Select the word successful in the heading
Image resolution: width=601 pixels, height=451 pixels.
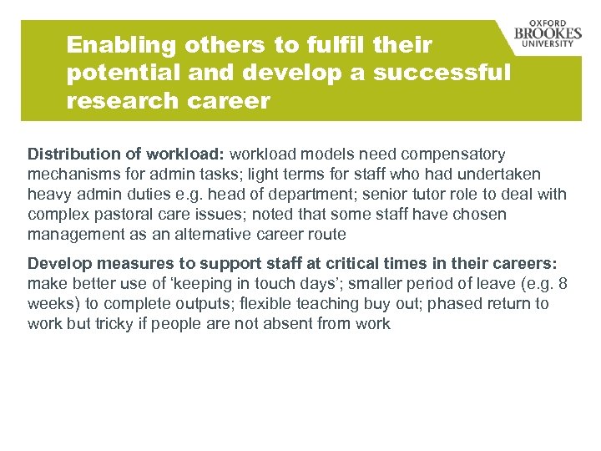[x=442, y=73]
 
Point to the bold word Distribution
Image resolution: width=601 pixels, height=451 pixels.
[x=72, y=155]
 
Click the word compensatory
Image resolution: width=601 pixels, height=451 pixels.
[x=453, y=155]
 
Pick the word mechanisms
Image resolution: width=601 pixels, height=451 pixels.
[x=72, y=175]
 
